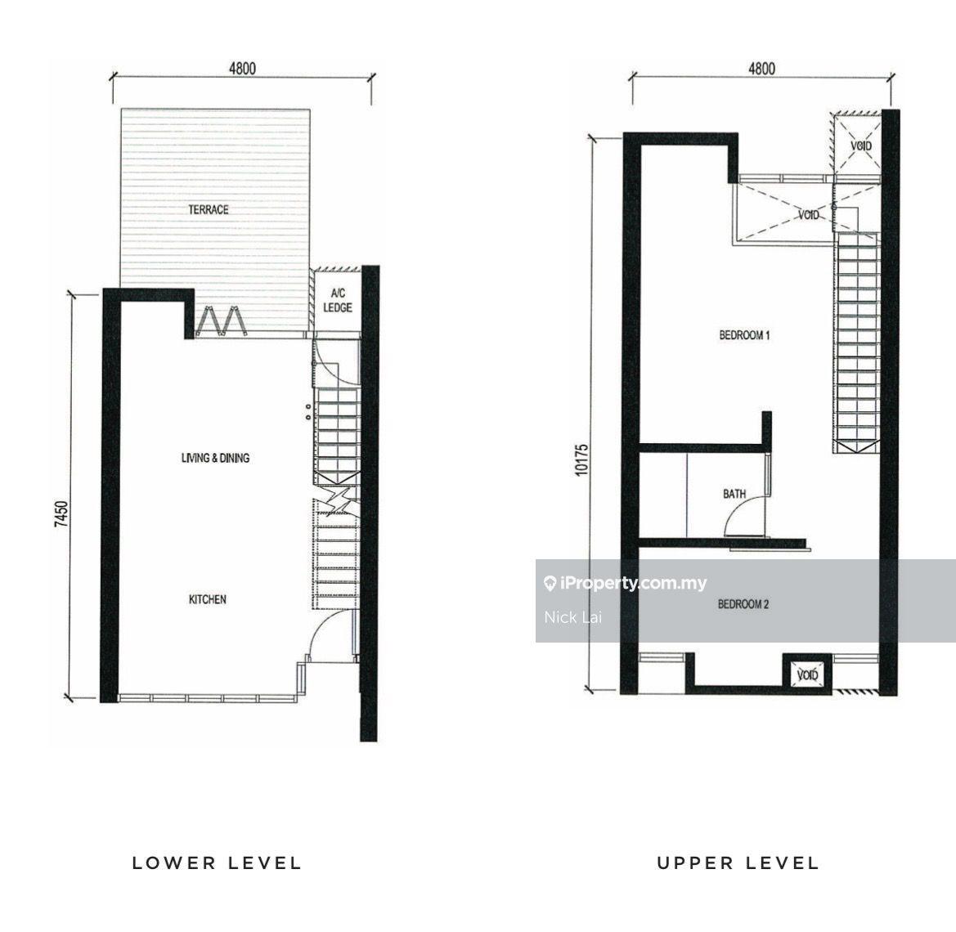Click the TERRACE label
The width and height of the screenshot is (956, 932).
tap(209, 209)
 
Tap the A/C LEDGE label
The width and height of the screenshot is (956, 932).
tap(338, 301)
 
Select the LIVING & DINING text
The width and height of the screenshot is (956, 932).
tap(215, 458)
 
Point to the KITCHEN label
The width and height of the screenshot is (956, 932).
tap(207, 599)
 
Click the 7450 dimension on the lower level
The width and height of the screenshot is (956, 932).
tap(61, 514)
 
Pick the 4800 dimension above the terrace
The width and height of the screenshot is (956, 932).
tap(243, 68)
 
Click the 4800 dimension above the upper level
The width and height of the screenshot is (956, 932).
tap(762, 69)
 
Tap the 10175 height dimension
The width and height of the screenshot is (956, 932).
tap(581, 459)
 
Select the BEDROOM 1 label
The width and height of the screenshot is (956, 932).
tap(744, 334)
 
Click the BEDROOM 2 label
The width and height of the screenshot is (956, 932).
tap(743, 604)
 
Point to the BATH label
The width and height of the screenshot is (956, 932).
tap(734, 494)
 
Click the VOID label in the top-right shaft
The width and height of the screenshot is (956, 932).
tap(861, 146)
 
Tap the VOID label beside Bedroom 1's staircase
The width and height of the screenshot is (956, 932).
tap(809, 214)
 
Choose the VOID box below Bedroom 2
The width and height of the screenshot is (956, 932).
tap(806, 674)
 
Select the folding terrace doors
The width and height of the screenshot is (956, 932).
tap(221, 320)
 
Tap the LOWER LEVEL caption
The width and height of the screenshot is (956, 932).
tap(217, 863)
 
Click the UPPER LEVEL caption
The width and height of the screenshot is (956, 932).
tap(738, 863)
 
